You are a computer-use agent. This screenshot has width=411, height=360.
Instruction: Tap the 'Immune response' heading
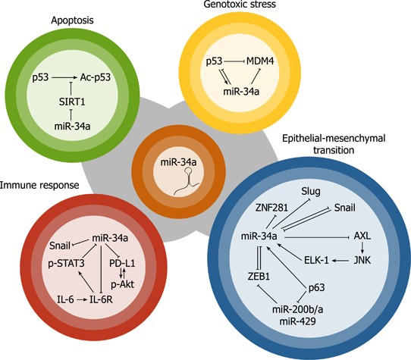click(x=36, y=183)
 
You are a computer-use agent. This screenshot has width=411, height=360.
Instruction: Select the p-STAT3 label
click(x=67, y=263)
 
